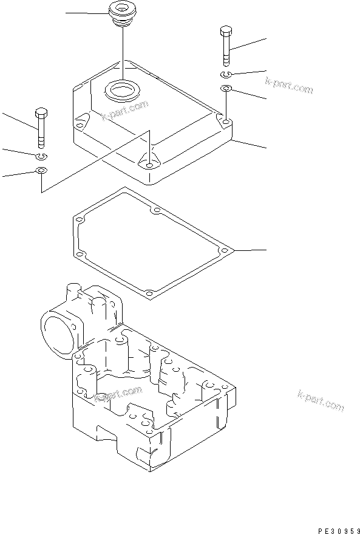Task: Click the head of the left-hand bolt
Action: point(41,113)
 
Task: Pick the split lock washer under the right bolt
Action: point(225,74)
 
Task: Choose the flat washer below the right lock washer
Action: point(225,89)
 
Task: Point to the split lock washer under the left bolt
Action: point(41,156)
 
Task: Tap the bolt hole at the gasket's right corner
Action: point(225,250)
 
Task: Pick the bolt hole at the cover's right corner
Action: point(225,123)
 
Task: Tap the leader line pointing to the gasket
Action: point(249,250)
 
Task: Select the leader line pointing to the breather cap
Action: point(85,13)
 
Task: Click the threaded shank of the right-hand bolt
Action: point(225,53)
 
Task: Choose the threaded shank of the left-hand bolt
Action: point(41,135)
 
